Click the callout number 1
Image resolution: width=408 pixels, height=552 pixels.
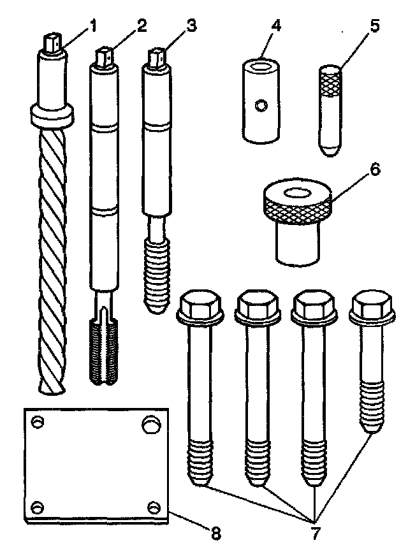pyautogui.click(x=92, y=27)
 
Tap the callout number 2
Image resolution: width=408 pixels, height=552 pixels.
pyautogui.click(x=142, y=26)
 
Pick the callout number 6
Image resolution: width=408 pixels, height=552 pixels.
pyautogui.click(x=374, y=170)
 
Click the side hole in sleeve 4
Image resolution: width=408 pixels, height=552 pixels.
pyautogui.click(x=259, y=106)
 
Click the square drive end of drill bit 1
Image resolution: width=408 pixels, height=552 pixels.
pyautogui.click(x=53, y=43)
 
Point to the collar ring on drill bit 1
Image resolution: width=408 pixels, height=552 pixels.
pyautogui.click(x=50, y=115)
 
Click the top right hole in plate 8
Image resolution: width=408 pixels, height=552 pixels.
pyautogui.click(x=150, y=424)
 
